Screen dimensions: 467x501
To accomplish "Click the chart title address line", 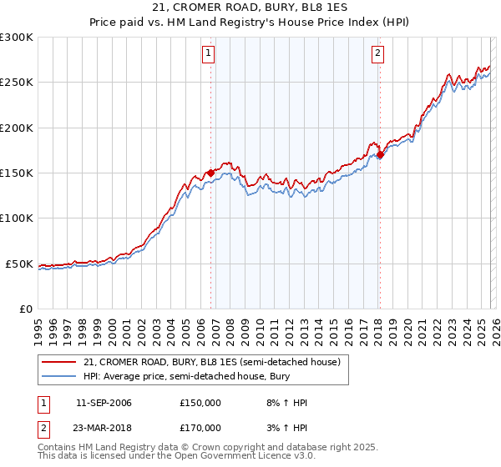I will click(250, 8).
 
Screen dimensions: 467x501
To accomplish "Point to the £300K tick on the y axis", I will click(17, 38).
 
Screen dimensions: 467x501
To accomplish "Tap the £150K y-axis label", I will click(17, 173).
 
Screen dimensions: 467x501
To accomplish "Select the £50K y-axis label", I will click(19, 264).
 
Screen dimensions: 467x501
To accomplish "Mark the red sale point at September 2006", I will click(210, 173).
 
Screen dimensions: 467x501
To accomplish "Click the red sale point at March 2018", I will click(380, 154).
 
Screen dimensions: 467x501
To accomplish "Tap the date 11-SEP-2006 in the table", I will click(104, 403).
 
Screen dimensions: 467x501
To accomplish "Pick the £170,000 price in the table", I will click(200, 427).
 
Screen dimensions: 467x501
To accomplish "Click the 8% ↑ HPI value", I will click(289, 403).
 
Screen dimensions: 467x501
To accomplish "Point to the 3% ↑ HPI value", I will click(289, 427).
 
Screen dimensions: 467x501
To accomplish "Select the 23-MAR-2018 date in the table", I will click(104, 427).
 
